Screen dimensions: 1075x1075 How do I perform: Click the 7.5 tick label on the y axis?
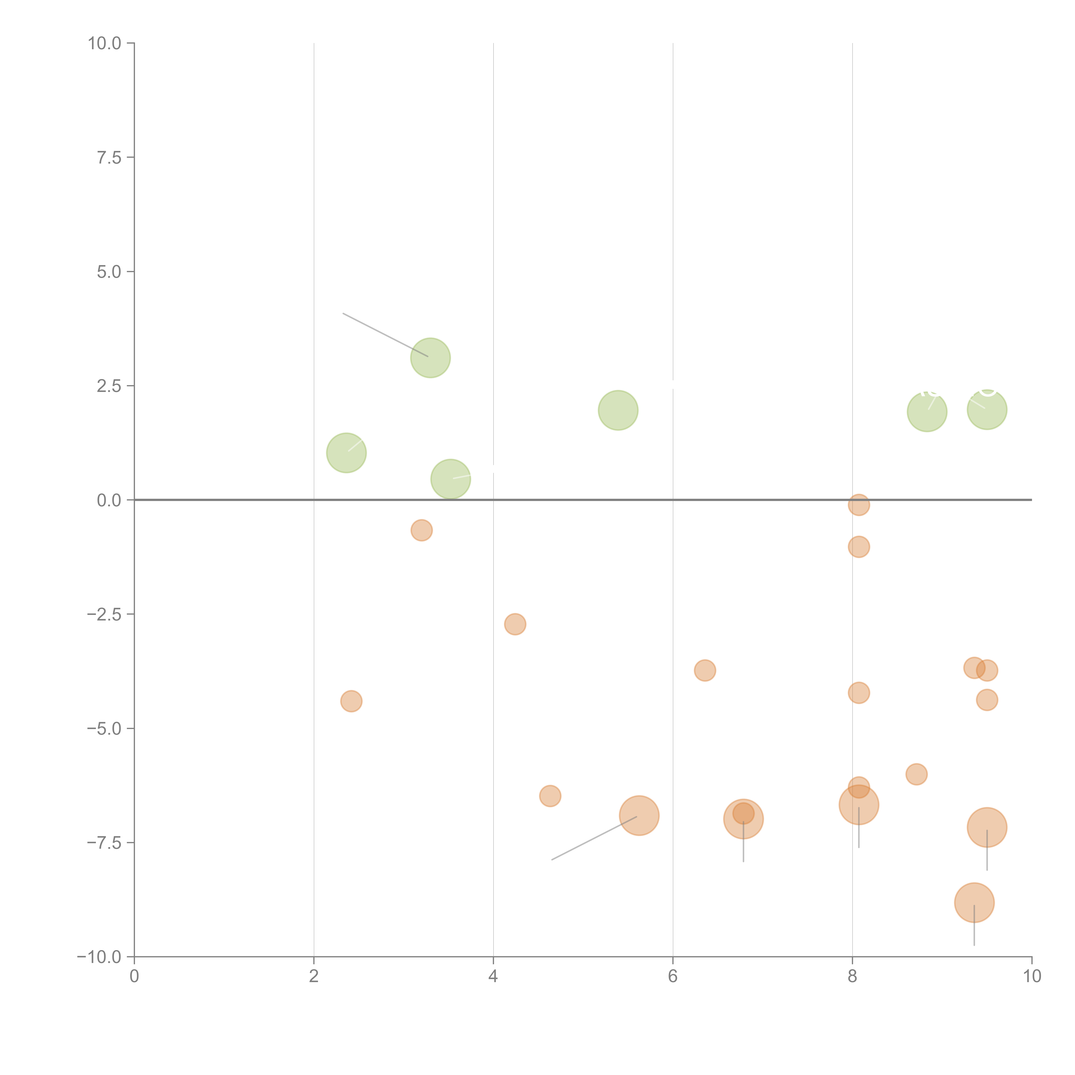click(x=109, y=157)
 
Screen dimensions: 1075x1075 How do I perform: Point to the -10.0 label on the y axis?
click(x=99, y=957)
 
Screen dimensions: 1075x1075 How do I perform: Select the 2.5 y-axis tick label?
click(x=109, y=386)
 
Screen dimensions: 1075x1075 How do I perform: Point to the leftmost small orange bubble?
click(x=351, y=701)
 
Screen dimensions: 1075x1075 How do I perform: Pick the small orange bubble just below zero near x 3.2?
click(x=422, y=530)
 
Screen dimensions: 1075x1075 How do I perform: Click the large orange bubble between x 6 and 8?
click(x=743, y=819)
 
